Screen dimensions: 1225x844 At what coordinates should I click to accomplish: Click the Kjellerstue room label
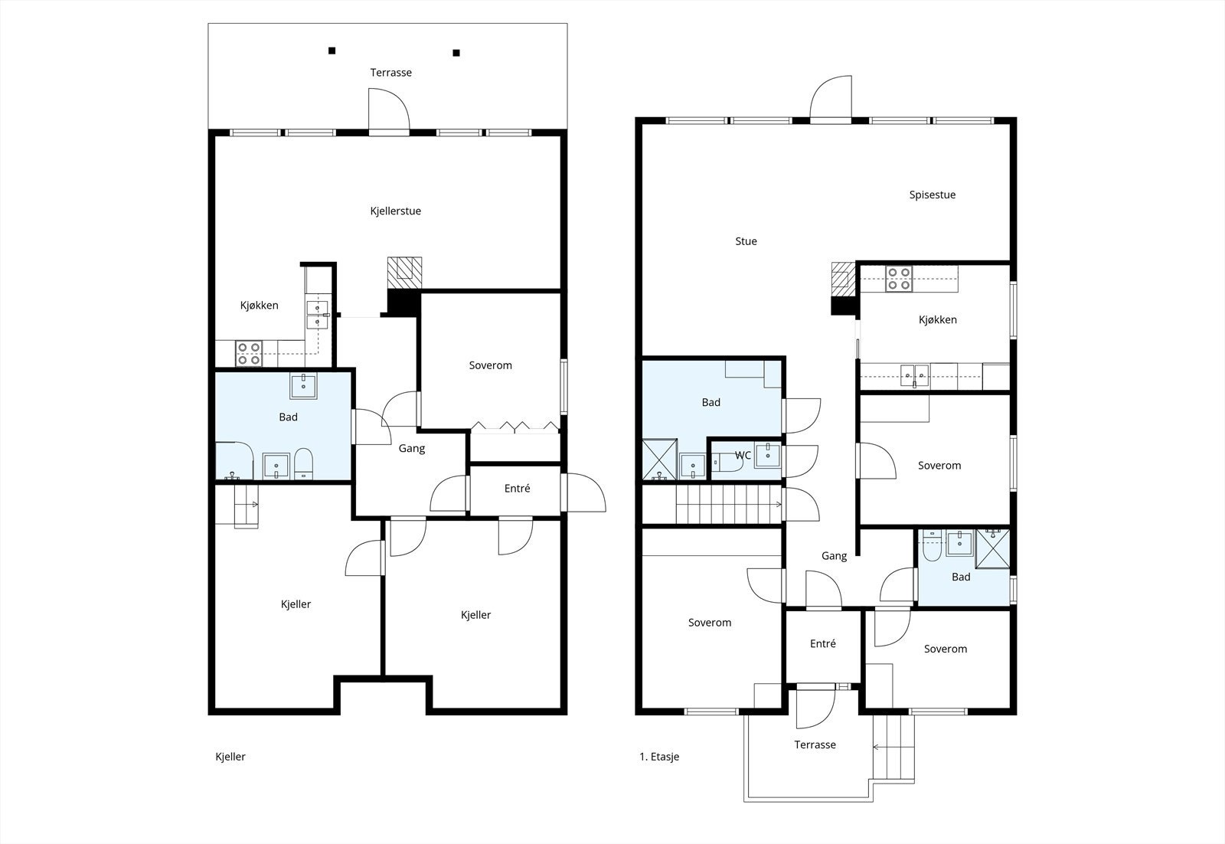point(395,211)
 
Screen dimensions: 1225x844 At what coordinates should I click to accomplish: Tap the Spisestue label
point(933,195)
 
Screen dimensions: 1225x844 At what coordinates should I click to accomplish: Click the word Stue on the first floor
point(746,241)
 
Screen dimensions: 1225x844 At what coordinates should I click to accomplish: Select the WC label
point(743,455)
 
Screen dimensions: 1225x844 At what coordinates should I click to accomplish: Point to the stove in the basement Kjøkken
point(248,353)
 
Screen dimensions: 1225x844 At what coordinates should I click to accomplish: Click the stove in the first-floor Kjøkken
point(899,279)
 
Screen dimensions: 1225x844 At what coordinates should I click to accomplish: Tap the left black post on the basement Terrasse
point(332,51)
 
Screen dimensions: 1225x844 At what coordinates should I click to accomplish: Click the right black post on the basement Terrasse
point(456,53)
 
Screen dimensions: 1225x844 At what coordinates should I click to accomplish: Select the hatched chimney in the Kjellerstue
point(405,273)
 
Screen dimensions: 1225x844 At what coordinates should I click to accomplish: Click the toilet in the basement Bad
point(303,464)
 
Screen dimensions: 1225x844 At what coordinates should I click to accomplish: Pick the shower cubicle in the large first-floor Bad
point(659,460)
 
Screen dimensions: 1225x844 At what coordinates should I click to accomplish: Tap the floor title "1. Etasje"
point(659,757)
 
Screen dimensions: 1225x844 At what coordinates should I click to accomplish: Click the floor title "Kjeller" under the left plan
point(230,757)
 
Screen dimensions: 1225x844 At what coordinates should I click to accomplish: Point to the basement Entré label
point(517,489)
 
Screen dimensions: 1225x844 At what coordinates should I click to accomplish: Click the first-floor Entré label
point(822,644)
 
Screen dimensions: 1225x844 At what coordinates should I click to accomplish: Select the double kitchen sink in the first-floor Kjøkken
point(914,376)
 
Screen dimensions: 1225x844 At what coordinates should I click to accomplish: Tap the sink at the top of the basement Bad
point(303,386)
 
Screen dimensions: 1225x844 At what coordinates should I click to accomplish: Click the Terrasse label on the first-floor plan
point(815,744)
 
